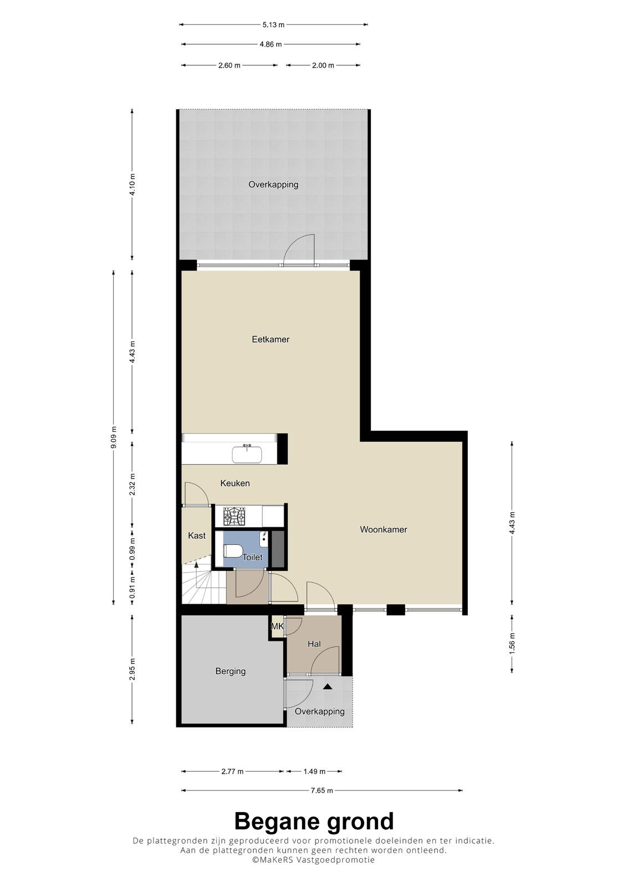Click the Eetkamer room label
click(x=271, y=339)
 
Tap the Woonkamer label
click(x=384, y=529)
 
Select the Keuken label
click(x=235, y=483)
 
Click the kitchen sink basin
click(x=247, y=454)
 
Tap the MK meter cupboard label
click(x=277, y=626)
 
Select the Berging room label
click(x=231, y=671)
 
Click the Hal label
click(x=314, y=644)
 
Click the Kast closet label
click(x=197, y=536)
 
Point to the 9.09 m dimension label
click(x=114, y=437)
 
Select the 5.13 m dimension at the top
click(x=273, y=24)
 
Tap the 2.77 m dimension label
click(x=232, y=771)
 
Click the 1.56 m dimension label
click(x=512, y=644)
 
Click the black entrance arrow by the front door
click(x=327, y=687)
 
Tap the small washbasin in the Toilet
click(x=264, y=538)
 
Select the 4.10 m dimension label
click(x=132, y=185)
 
